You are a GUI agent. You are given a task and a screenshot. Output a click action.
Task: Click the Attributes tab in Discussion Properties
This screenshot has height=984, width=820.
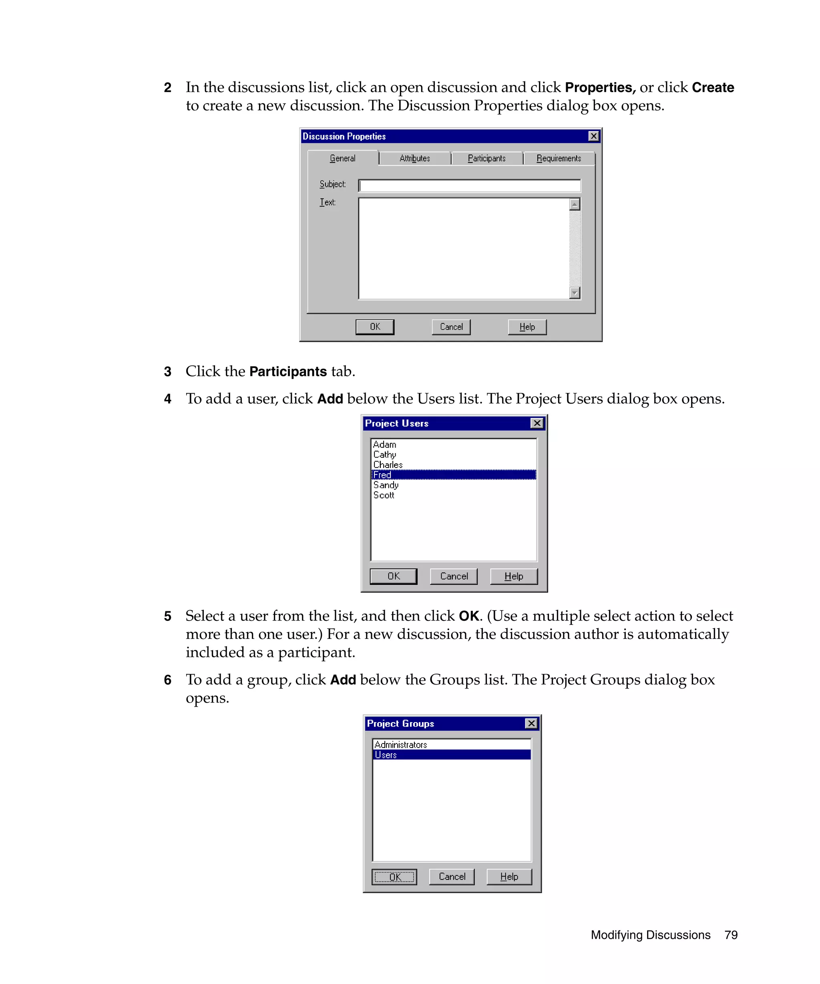414,159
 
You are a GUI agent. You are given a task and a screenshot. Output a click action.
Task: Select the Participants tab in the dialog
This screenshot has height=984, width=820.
486,159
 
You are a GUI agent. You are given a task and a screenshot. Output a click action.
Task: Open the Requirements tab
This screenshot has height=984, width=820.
559,159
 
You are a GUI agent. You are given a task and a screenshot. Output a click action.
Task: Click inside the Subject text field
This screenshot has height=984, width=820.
468,186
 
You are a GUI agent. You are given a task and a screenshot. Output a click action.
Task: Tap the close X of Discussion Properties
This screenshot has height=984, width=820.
593,137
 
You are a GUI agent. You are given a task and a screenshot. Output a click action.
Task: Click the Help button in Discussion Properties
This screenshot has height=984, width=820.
527,327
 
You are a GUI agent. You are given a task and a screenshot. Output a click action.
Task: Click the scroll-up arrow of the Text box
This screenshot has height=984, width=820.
575,204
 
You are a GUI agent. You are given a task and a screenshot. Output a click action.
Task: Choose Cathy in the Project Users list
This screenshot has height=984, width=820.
385,454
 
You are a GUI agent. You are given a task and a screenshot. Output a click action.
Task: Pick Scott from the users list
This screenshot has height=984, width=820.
384,495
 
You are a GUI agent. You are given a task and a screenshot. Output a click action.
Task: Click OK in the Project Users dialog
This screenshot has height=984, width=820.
393,576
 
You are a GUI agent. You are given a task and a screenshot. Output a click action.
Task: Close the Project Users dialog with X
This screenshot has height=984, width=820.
537,423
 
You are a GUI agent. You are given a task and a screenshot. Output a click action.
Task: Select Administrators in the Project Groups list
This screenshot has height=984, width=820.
401,745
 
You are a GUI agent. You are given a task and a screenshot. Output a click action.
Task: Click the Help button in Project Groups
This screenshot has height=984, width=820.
509,877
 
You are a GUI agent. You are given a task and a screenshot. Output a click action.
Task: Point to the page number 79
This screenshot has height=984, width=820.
730,935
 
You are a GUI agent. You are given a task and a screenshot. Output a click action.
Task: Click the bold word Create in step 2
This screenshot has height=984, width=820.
712,88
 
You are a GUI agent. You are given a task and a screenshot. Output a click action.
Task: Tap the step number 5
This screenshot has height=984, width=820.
168,616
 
